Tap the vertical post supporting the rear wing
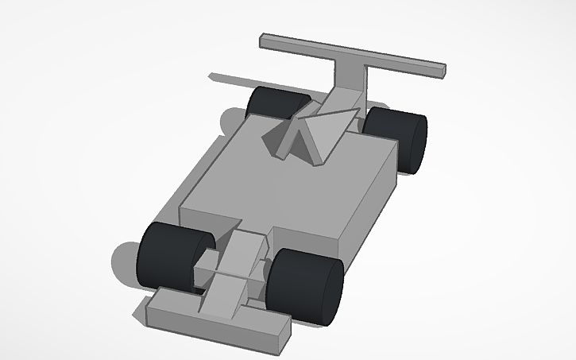[354, 79]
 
